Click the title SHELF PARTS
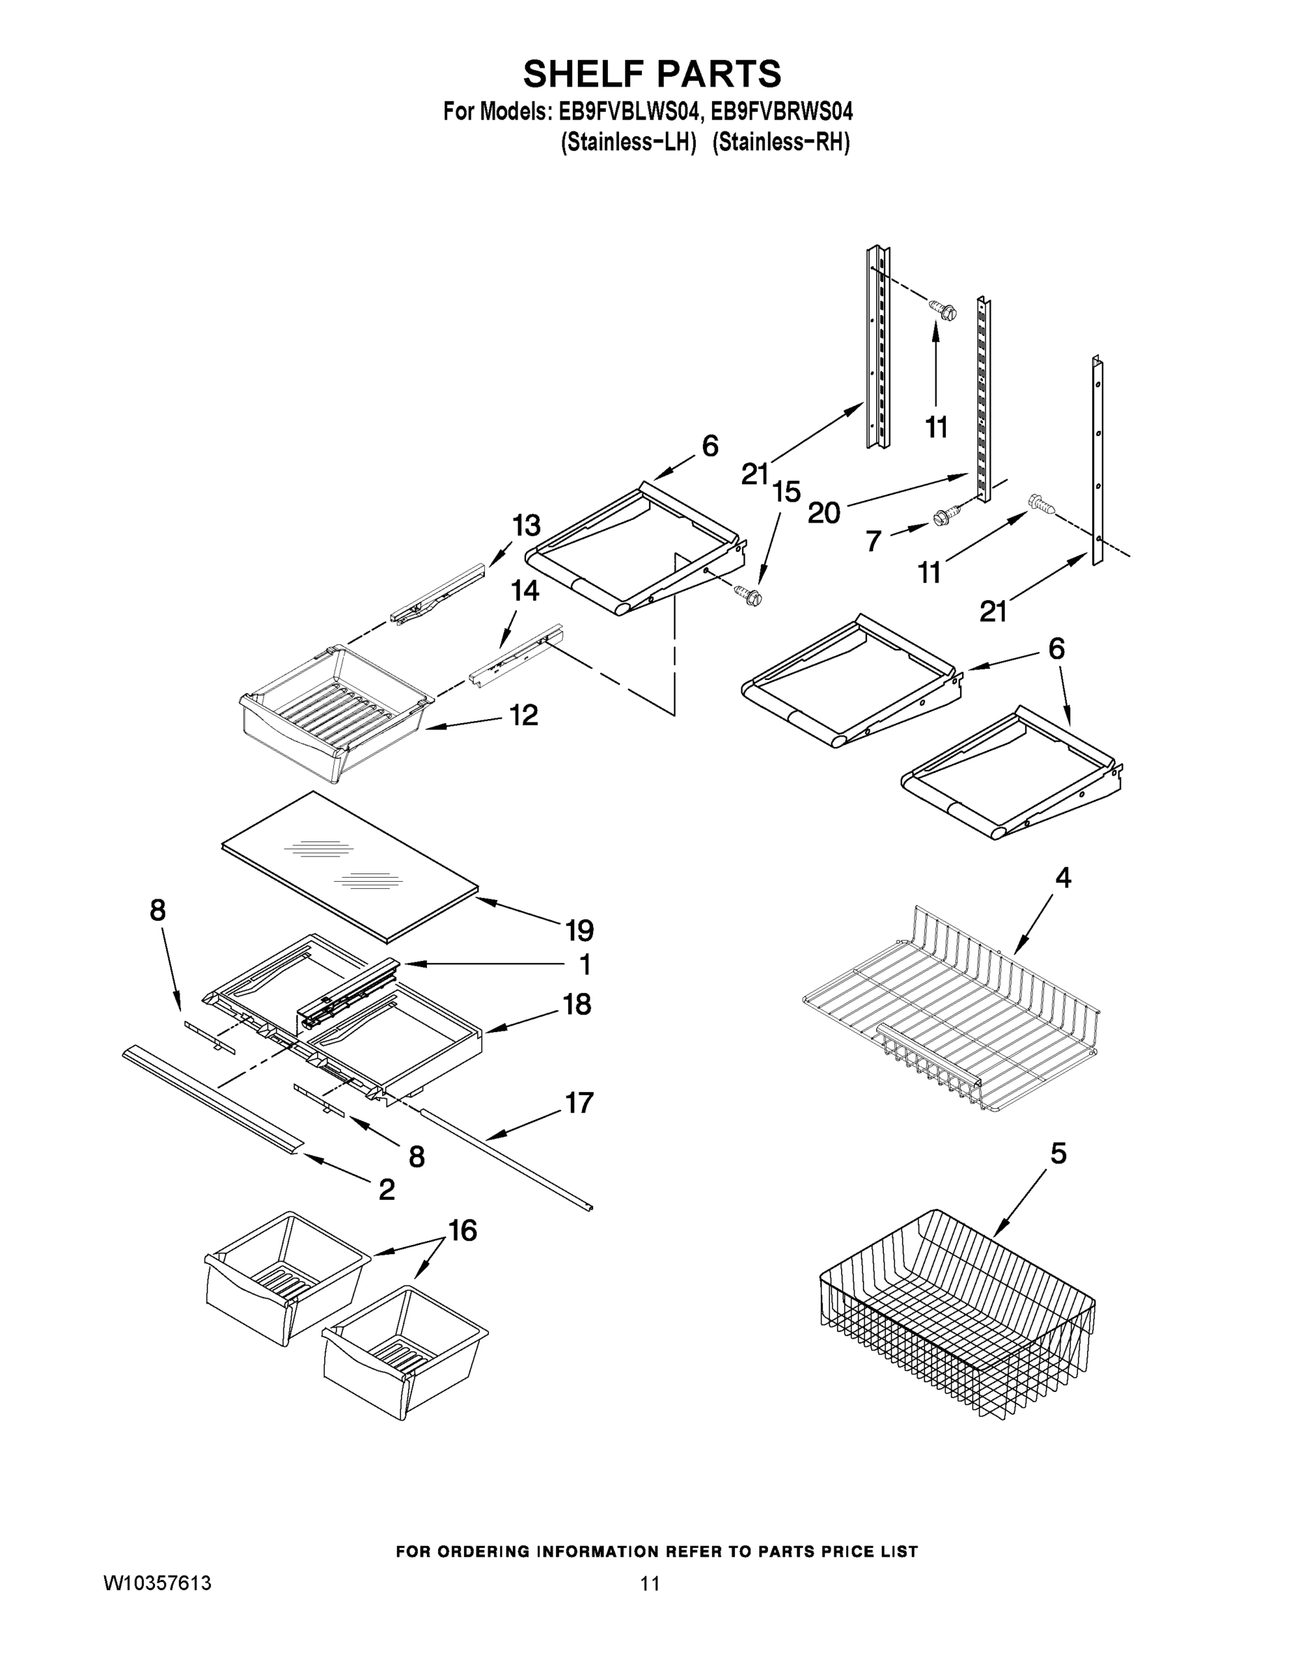coord(652,75)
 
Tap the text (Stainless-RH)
coord(780,143)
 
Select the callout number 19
coord(580,931)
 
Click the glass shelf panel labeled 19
coord(349,865)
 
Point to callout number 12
coord(523,716)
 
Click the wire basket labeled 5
coord(956,1317)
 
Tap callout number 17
coord(580,1103)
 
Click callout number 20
coord(824,512)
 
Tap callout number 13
coord(526,526)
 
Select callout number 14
coord(525,590)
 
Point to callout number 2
coord(386,1189)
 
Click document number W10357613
coord(157,1583)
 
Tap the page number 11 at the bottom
coord(650,1583)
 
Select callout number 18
coord(576,1003)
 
